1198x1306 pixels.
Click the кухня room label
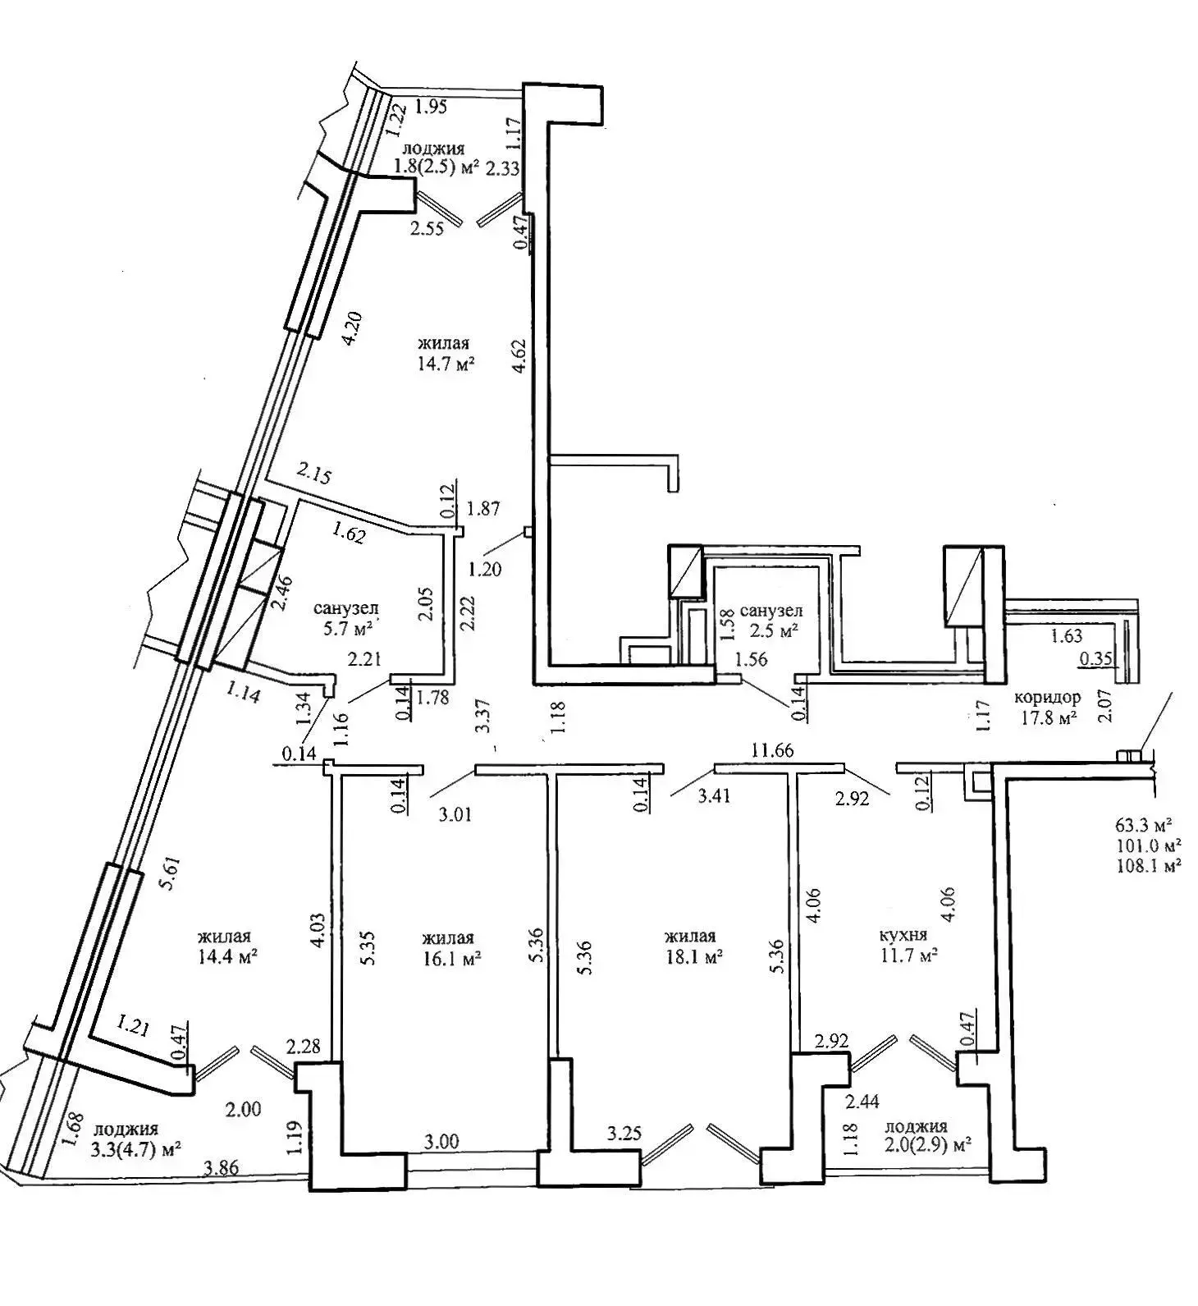tap(903, 935)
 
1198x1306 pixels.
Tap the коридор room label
tap(1048, 697)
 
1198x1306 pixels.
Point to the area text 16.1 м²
tap(451, 958)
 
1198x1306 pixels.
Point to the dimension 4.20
tap(350, 329)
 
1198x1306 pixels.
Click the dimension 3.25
tap(624, 1134)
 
